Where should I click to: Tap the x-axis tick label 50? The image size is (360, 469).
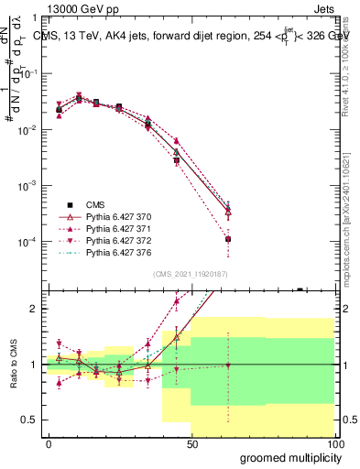tap(191, 444)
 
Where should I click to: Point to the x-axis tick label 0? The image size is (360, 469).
tap(49, 444)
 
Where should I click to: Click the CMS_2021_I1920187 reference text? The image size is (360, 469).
tap(190, 273)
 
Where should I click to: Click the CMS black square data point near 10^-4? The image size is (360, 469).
tap(228, 239)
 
